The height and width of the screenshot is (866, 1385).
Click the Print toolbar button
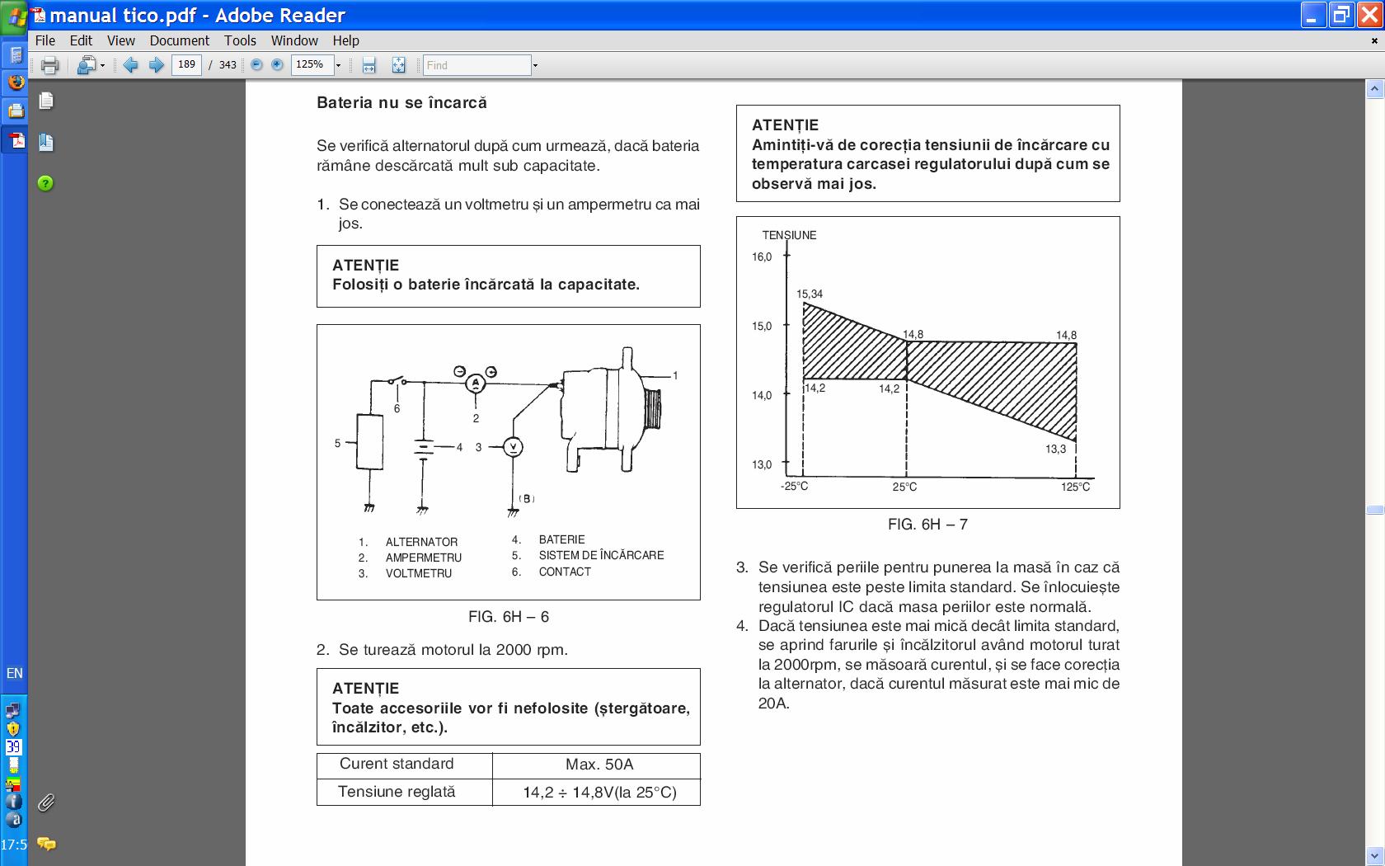tap(49, 65)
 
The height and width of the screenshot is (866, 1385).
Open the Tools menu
tap(240, 40)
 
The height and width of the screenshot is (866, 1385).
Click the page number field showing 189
tap(186, 65)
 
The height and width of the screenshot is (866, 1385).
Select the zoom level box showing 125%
tap(311, 65)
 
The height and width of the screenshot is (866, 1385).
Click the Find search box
tap(477, 65)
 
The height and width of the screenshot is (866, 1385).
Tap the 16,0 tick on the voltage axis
tap(762, 257)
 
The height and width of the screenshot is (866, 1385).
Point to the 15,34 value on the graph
tap(810, 294)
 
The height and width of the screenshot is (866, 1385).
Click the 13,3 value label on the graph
tap(1055, 449)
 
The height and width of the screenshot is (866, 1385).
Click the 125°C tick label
tap(1075, 487)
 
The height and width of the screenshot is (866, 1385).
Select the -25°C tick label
tap(795, 486)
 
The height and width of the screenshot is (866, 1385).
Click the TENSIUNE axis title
tap(789, 235)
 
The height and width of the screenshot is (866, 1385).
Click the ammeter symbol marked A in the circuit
tap(476, 383)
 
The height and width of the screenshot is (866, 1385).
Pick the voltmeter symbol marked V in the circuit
tap(513, 447)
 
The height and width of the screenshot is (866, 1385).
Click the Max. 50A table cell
tap(599, 765)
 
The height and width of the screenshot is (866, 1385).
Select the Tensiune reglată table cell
tap(397, 792)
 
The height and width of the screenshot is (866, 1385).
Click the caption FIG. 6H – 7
tap(927, 525)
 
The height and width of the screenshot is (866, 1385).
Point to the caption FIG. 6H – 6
tap(509, 617)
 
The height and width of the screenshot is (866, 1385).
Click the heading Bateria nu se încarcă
tap(401, 103)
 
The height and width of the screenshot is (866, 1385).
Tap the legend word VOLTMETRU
tap(419, 573)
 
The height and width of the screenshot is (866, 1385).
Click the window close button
tap(1366, 15)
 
